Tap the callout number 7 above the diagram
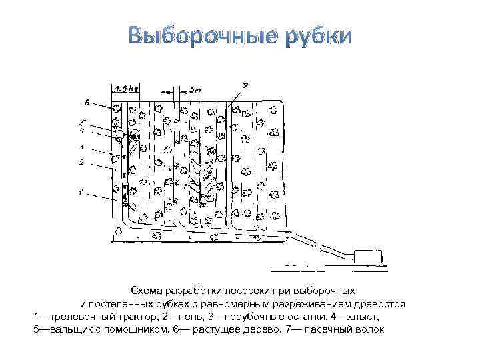click(x=245, y=85)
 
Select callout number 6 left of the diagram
click(x=87, y=103)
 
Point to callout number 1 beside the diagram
click(x=81, y=194)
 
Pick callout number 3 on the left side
click(x=81, y=147)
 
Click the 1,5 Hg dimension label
click(x=127, y=88)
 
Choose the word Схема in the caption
click(x=146, y=291)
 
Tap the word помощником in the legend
click(x=137, y=329)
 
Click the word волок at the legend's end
click(x=370, y=329)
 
